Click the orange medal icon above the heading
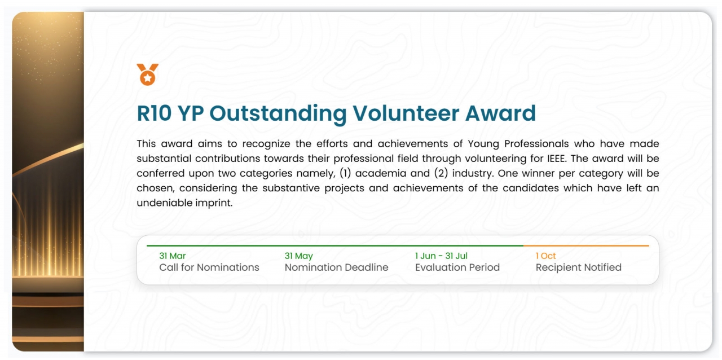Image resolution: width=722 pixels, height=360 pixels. (x=147, y=74)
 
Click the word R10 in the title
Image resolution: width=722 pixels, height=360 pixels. (x=154, y=113)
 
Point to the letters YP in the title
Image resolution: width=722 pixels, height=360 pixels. (x=190, y=113)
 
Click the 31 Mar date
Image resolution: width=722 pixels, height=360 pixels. (x=172, y=256)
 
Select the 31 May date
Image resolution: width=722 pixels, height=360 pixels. (x=298, y=256)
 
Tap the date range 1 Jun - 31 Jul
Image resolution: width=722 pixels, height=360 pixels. (x=441, y=256)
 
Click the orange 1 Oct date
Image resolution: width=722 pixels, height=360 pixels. (x=545, y=256)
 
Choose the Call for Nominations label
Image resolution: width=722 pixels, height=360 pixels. (x=209, y=267)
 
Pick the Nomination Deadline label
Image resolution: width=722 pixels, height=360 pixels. (x=336, y=267)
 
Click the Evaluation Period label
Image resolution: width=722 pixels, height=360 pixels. (x=457, y=267)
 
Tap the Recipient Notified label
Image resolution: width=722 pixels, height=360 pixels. (x=578, y=267)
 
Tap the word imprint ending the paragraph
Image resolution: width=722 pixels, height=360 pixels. (x=214, y=203)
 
